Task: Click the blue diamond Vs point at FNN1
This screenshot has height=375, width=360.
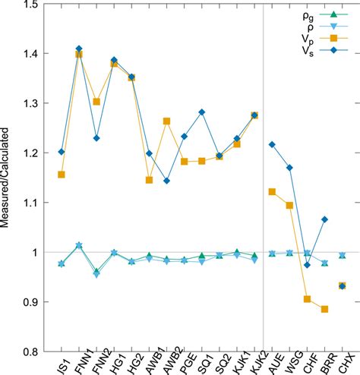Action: [79, 49]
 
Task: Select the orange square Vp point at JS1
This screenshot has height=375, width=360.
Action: [62, 175]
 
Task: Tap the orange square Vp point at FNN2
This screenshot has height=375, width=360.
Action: [96, 102]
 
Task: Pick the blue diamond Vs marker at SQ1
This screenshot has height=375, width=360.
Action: [202, 112]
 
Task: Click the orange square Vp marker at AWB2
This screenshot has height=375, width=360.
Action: [167, 121]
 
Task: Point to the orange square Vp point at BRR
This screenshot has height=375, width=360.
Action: [324, 309]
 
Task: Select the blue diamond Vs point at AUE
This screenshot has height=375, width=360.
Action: [272, 144]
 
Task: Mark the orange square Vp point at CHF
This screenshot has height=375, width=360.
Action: [307, 299]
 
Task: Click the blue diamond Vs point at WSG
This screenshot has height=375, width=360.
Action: [289, 168]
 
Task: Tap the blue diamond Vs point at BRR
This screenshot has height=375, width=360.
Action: [324, 219]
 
